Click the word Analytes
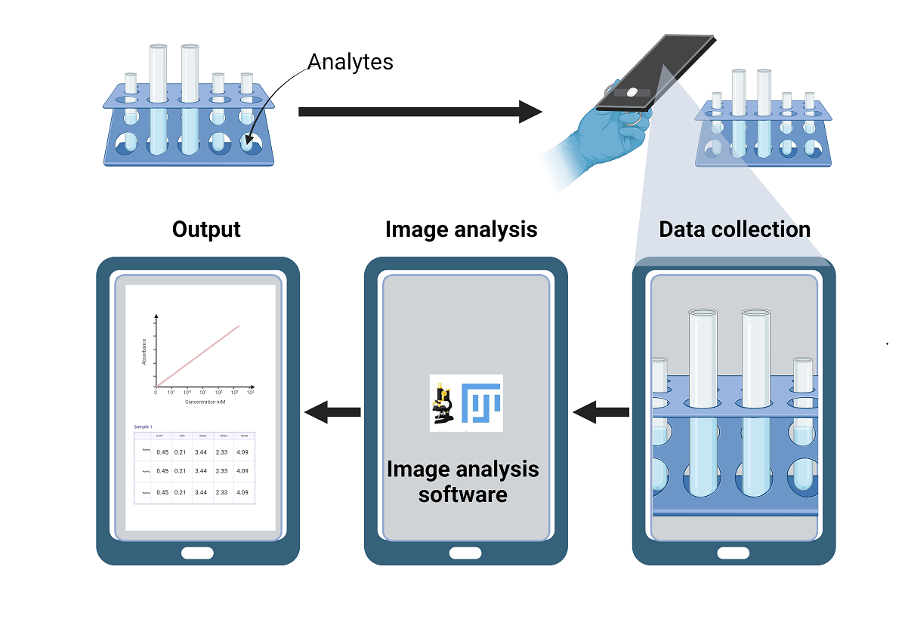(x=350, y=61)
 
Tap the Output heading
(x=206, y=229)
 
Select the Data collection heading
(x=734, y=229)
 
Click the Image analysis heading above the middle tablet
(x=461, y=229)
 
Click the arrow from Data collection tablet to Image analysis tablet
(x=601, y=412)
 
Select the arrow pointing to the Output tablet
(x=332, y=412)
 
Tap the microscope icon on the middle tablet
(x=442, y=403)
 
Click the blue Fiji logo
(x=481, y=402)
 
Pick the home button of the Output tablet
(x=198, y=553)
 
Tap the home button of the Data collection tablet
(x=734, y=553)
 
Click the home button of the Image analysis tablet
(x=465, y=553)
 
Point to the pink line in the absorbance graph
(x=199, y=356)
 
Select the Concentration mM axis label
(x=205, y=402)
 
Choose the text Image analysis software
(x=463, y=482)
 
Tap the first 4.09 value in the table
(x=242, y=452)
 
